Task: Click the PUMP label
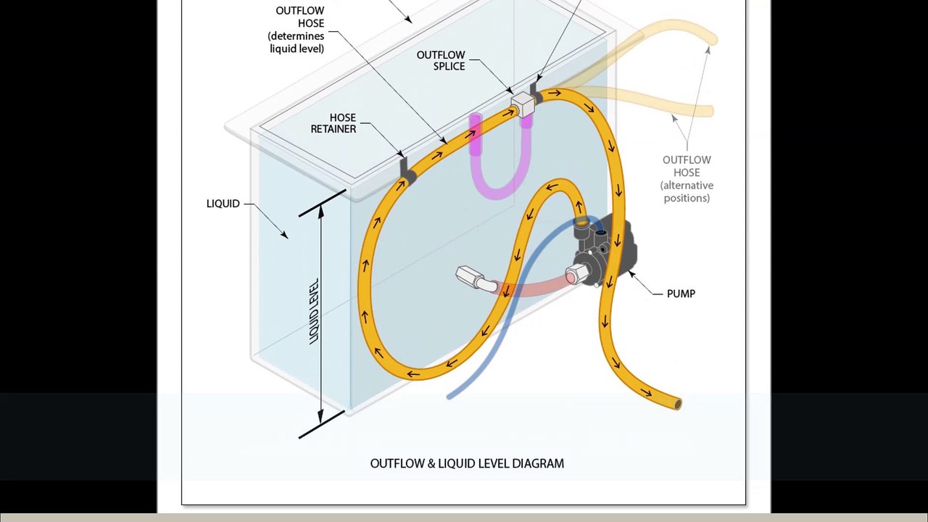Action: [x=681, y=294]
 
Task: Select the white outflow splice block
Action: [x=523, y=104]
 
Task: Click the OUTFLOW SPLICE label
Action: [x=441, y=60]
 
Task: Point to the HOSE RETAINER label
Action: [x=333, y=123]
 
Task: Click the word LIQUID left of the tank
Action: [x=223, y=204]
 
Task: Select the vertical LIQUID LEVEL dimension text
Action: [x=315, y=311]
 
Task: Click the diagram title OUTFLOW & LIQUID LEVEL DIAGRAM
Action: [x=467, y=463]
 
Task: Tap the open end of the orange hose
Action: [x=678, y=404]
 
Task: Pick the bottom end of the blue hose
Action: [x=450, y=396]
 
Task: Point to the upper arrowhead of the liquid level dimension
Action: [x=320, y=210]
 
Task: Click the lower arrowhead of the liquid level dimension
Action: [x=320, y=417]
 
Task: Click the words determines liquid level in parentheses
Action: [x=296, y=42]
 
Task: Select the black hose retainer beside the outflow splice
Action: [x=535, y=94]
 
